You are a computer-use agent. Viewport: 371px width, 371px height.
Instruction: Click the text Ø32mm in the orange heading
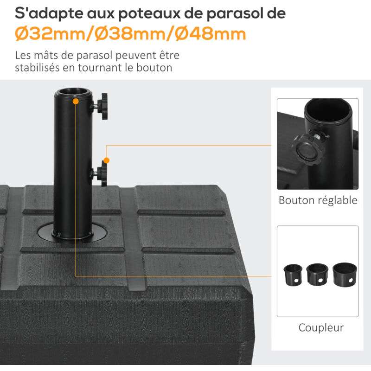(x=50, y=34)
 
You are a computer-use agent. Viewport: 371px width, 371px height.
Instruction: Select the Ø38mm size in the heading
(x=130, y=34)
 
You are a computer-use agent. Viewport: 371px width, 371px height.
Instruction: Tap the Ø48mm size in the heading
(x=211, y=34)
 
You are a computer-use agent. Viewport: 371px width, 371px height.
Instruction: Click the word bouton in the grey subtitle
(x=154, y=68)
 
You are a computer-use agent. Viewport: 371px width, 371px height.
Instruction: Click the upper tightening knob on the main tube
(x=101, y=106)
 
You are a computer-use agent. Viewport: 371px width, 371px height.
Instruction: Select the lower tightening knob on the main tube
(x=101, y=173)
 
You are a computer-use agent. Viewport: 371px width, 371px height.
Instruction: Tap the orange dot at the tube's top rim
(x=76, y=102)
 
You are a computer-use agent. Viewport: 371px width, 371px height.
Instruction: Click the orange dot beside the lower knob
(x=107, y=160)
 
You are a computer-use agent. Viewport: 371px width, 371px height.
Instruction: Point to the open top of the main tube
(x=73, y=92)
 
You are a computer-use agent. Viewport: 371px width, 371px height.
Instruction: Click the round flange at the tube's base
(x=72, y=233)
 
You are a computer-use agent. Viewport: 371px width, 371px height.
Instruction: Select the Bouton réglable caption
(x=318, y=200)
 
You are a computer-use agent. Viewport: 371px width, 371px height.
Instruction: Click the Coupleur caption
(x=321, y=328)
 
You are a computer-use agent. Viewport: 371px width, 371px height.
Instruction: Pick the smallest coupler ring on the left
(x=293, y=275)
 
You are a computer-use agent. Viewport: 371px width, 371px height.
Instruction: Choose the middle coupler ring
(x=317, y=275)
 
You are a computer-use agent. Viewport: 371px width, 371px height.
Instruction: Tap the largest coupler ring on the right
(x=345, y=274)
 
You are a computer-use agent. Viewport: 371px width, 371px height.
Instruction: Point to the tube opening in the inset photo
(x=328, y=110)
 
